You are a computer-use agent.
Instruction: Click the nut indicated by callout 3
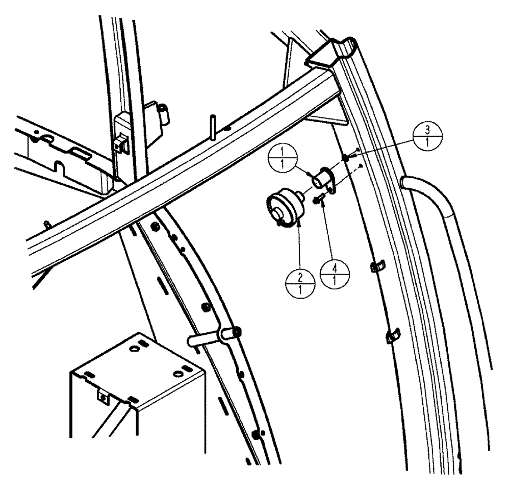point(346,158)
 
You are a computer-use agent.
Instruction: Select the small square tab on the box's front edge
point(104,395)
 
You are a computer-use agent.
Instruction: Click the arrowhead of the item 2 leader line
point(299,220)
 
